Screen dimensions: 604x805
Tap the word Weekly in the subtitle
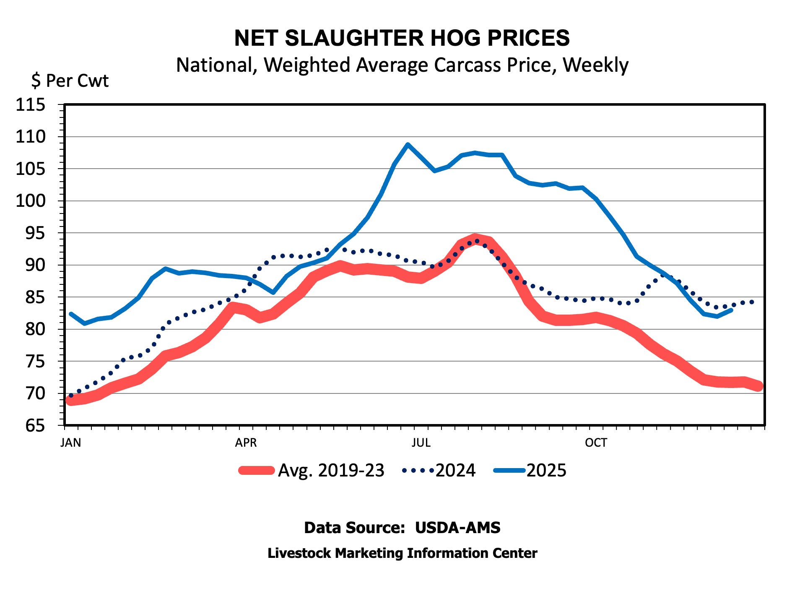tap(595, 65)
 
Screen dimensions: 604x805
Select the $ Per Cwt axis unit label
tap(70, 81)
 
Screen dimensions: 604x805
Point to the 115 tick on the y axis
tap(30, 104)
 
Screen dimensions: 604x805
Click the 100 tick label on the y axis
tap(30, 201)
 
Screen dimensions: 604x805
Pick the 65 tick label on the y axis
tap(35, 426)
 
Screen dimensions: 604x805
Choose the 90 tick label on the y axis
tap(35, 265)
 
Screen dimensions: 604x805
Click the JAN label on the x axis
tap(70, 443)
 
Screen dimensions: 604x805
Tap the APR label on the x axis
tap(246, 443)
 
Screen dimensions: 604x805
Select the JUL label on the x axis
tap(421, 443)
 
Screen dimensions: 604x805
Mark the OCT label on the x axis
tap(596, 443)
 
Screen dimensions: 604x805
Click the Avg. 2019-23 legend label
tap(331, 471)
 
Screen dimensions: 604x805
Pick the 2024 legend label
tap(455, 471)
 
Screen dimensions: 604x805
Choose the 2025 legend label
tap(546, 471)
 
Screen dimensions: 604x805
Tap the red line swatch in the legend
tap(256, 471)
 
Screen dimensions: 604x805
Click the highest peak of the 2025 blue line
tap(408, 145)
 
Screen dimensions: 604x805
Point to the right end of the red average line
tap(758, 386)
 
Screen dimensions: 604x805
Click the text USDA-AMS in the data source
tap(457, 528)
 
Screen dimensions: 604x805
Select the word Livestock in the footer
tap(299, 553)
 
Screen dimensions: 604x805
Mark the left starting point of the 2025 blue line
tap(71, 314)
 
